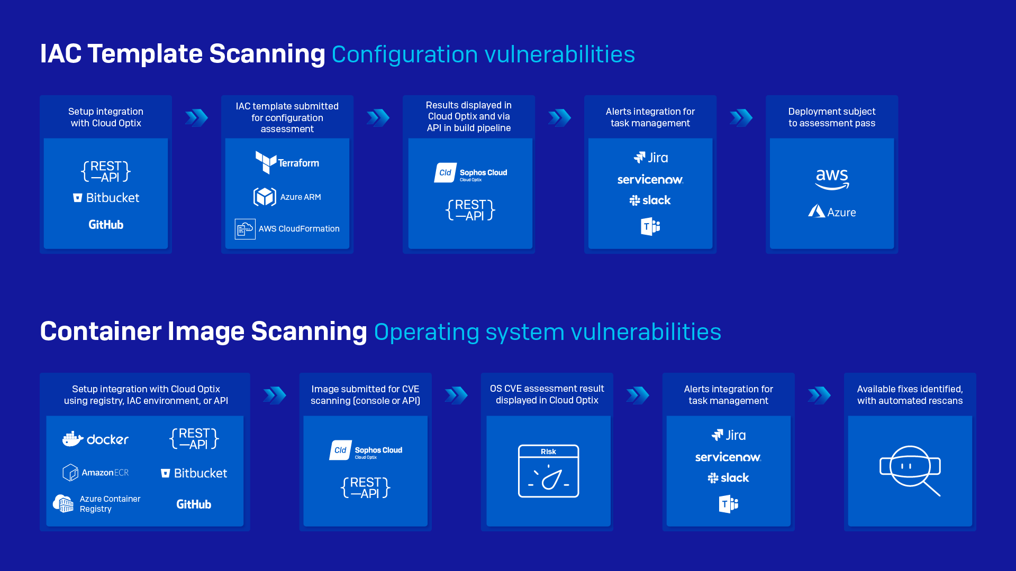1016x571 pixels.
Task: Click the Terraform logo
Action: [x=287, y=162]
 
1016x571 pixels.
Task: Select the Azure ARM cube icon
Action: [x=265, y=197]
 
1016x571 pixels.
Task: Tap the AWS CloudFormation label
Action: [x=298, y=229]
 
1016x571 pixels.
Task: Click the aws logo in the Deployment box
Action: [x=832, y=179]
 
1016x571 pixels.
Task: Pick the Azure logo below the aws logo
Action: [x=832, y=212]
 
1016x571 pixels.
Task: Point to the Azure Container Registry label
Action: [x=110, y=504]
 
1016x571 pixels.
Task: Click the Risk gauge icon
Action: [x=548, y=471]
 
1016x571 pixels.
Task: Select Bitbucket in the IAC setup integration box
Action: [x=106, y=198]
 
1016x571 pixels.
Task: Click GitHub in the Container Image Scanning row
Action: [x=194, y=504]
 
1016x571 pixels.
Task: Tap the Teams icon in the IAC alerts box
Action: [x=650, y=227]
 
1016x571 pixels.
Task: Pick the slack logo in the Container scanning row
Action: [x=728, y=478]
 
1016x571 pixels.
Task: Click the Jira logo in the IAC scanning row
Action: [x=650, y=158]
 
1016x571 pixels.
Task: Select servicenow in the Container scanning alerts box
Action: [x=728, y=457]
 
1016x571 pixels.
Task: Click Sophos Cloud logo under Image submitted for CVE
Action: [x=366, y=450]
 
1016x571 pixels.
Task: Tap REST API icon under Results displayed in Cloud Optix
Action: [x=470, y=210]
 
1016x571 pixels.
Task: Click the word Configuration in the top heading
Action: [x=405, y=54]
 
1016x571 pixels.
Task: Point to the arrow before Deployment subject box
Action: [x=741, y=117]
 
